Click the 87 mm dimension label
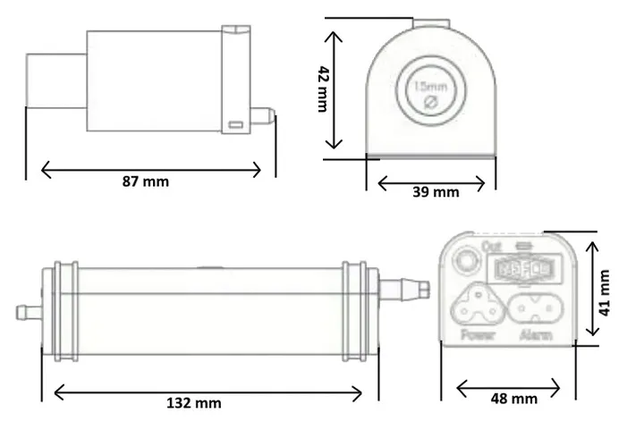[145, 181]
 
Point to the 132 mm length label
[194, 403]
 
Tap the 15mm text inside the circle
[428, 87]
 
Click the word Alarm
[534, 335]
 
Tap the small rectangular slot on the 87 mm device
[236, 125]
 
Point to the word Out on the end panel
[490, 245]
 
